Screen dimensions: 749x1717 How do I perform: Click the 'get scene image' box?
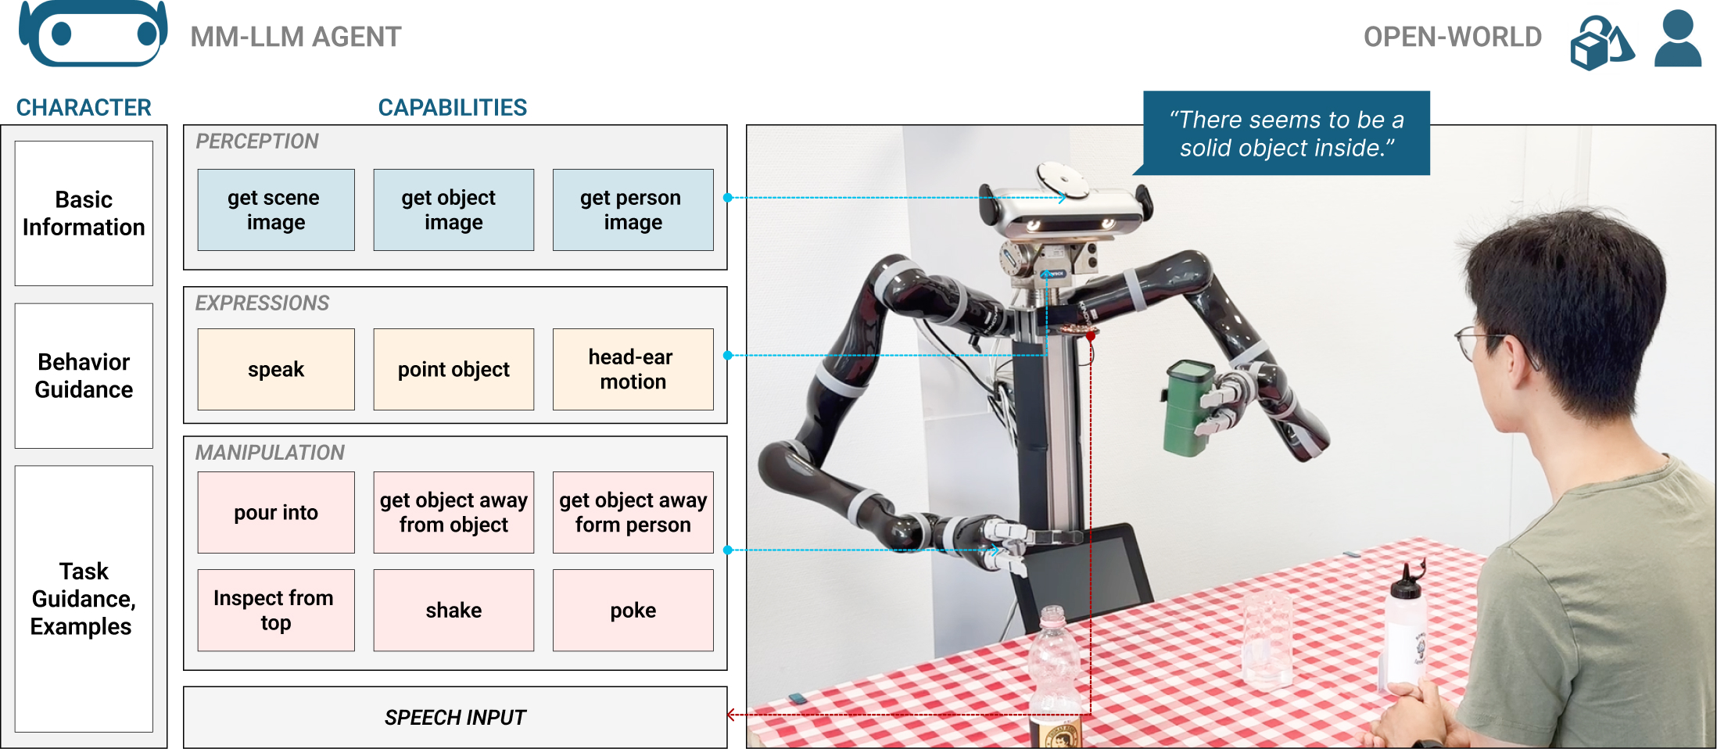coord(275,210)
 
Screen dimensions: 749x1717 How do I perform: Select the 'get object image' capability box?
coord(453,210)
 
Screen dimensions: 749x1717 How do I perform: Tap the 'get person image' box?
coord(633,210)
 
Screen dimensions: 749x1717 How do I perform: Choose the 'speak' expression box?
coord(275,369)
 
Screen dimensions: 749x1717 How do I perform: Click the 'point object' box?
coord(453,369)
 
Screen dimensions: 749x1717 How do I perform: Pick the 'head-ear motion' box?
coord(633,369)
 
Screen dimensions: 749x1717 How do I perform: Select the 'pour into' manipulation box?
coord(275,512)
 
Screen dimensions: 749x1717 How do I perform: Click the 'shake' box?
coord(453,610)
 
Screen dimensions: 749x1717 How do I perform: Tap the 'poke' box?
coord(633,610)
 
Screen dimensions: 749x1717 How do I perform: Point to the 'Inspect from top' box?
coord(275,610)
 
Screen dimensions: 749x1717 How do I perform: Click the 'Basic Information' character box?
coord(84,213)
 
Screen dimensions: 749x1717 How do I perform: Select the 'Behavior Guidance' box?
coord(84,376)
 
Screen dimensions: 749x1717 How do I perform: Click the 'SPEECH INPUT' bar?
coord(455,717)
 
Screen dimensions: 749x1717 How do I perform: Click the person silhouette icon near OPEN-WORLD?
coord(1677,39)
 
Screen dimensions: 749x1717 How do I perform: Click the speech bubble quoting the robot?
coord(1287,134)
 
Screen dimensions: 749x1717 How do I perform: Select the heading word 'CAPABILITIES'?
coord(453,108)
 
